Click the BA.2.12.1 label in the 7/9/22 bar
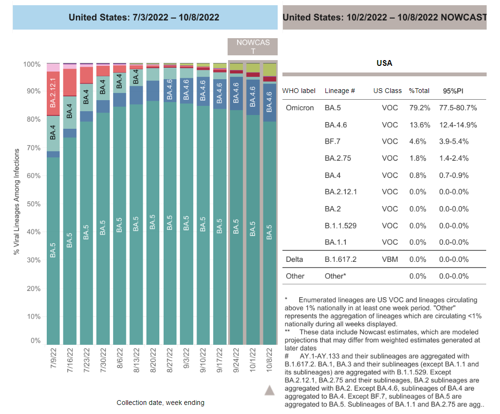coord(53,93)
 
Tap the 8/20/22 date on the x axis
coord(153,360)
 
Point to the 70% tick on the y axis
coord(33,148)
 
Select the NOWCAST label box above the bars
coord(252,47)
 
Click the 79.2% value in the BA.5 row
coord(420,108)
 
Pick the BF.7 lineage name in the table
coord(332,142)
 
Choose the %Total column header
coord(419,91)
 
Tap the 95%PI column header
coord(453,91)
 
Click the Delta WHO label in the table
coord(294,259)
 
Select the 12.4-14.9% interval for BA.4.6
coord(458,125)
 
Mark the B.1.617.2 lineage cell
coord(340,259)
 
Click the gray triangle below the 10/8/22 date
coord(270,390)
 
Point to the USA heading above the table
coord(384,63)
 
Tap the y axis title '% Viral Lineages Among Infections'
coord(17,202)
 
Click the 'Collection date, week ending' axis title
coord(160,403)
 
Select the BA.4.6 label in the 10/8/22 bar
coord(269,102)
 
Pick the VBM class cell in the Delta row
coord(390,259)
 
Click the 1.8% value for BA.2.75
coord(418,158)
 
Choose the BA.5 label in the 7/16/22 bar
coord(70,240)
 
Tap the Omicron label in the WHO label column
coord(300,108)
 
